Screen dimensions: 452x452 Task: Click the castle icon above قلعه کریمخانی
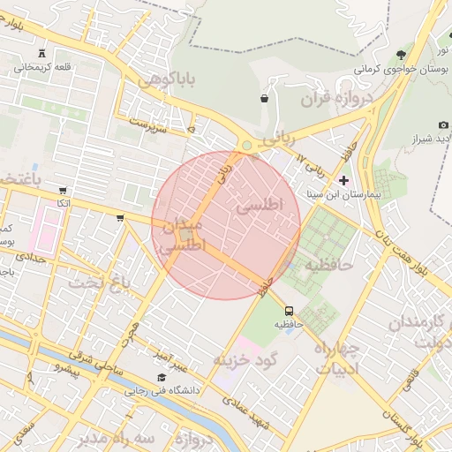click(x=42, y=51)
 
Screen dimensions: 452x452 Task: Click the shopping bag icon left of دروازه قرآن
click(x=264, y=98)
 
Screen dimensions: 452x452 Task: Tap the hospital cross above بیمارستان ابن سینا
click(x=344, y=180)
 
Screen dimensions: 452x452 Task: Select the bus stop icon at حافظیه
click(x=289, y=310)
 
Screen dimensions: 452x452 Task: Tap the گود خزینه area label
click(x=245, y=359)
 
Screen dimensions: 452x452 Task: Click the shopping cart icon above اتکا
click(x=63, y=190)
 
